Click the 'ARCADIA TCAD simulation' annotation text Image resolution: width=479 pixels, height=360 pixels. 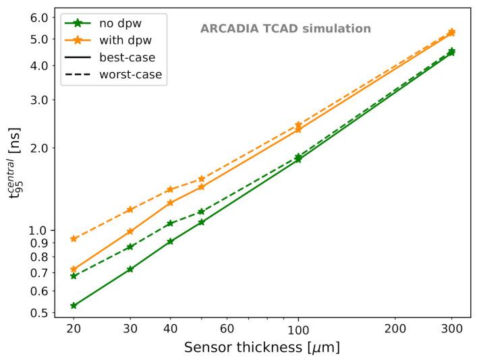click(285, 29)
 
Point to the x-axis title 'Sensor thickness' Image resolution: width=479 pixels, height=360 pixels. click(261, 348)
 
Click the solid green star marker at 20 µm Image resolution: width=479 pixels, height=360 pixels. click(74, 305)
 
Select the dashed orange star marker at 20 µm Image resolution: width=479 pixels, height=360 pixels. click(74, 239)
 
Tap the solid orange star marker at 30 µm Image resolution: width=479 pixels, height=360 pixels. click(130, 231)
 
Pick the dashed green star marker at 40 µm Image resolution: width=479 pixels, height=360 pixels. click(170, 223)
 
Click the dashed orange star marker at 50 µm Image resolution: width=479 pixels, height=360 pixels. click(201, 179)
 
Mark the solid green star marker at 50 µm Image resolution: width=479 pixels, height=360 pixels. click(201, 222)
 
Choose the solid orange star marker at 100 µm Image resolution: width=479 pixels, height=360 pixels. click(298, 129)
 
